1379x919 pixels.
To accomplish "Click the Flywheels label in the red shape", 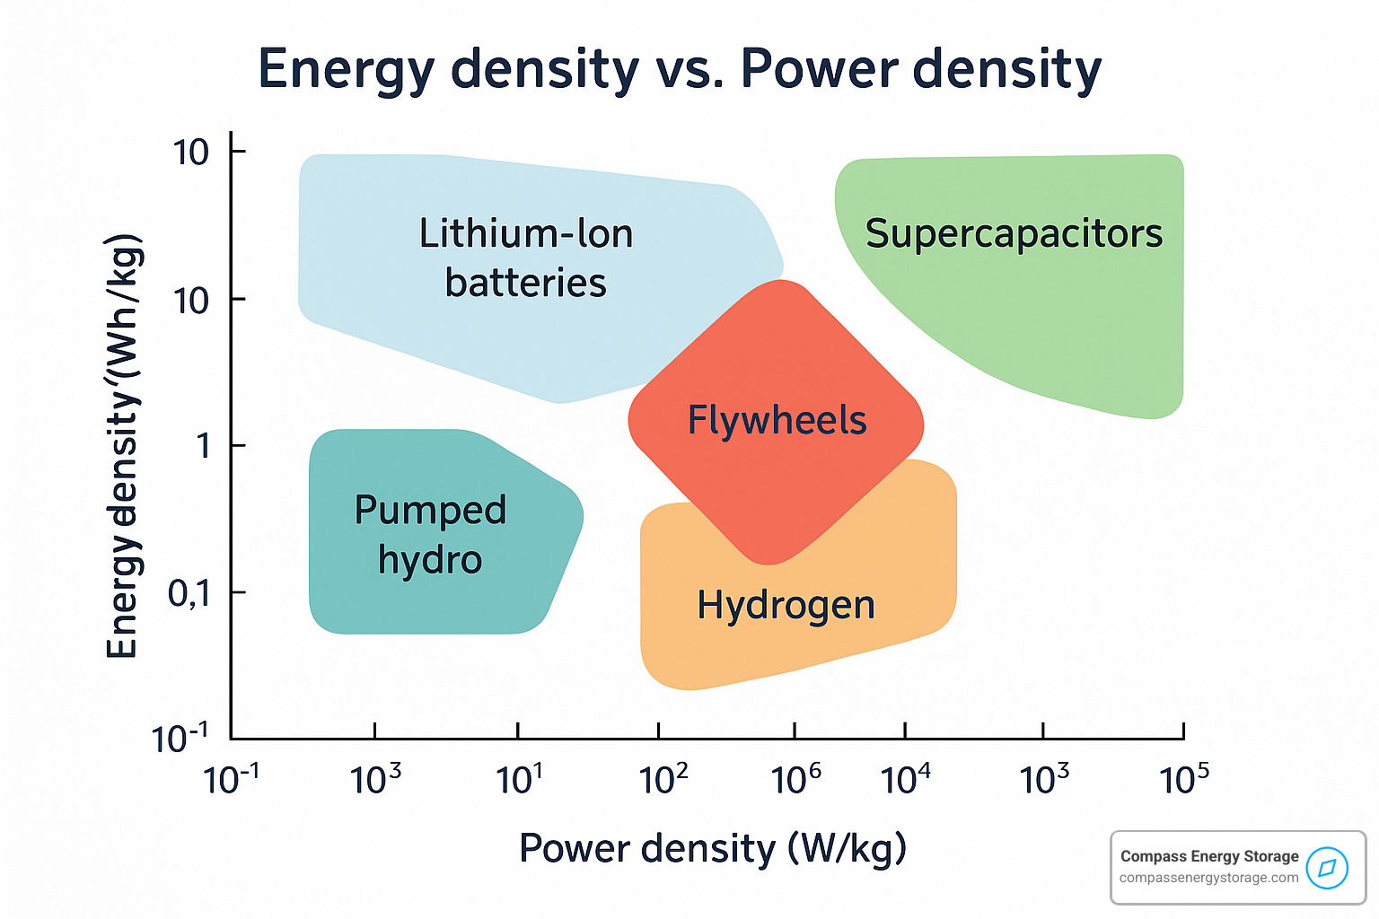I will [x=777, y=420].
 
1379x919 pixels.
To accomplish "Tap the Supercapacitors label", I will [x=1014, y=233].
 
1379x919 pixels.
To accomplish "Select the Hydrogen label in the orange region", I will [x=786, y=605].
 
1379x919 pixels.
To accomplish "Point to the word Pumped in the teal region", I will [x=430, y=511].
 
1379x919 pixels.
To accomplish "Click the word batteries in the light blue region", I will [x=525, y=283].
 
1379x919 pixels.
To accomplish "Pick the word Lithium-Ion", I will [x=526, y=233].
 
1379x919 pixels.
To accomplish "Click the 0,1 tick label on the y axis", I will [x=189, y=592].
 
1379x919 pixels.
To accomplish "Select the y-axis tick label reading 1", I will [x=204, y=445].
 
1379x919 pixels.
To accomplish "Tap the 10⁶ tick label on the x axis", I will [x=795, y=779].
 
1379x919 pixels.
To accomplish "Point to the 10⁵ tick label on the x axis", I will [x=1184, y=779].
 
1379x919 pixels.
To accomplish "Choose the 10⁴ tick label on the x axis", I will [x=905, y=779].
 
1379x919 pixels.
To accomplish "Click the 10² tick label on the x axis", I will [x=663, y=779].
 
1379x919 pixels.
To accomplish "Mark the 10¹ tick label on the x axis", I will [x=519, y=779].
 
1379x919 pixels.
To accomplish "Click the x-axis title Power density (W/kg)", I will [x=713, y=848].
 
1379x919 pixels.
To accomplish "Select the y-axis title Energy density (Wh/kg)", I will [x=123, y=446].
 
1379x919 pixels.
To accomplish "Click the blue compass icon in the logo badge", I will [x=1327, y=868].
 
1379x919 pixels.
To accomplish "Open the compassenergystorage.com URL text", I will [x=1208, y=878].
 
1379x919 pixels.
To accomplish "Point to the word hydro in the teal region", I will [x=430, y=560].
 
